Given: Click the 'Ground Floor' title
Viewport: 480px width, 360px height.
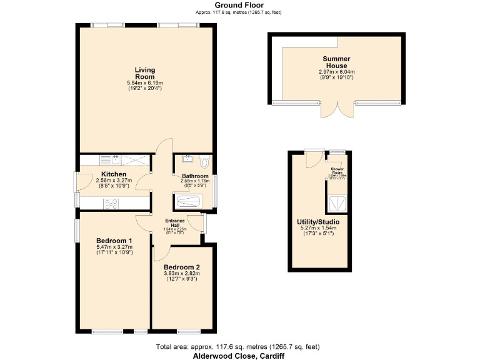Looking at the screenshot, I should point(239,5).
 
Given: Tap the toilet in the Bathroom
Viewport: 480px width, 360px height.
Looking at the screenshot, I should point(206,160).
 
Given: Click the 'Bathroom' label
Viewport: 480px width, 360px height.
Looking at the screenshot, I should point(194,176).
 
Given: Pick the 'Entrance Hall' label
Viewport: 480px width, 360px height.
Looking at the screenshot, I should point(175,222).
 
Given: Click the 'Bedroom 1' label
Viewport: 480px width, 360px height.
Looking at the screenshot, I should point(114,241).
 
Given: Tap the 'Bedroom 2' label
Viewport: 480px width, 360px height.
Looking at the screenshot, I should point(181,267).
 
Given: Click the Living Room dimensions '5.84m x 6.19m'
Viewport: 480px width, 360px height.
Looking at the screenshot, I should point(144,83).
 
